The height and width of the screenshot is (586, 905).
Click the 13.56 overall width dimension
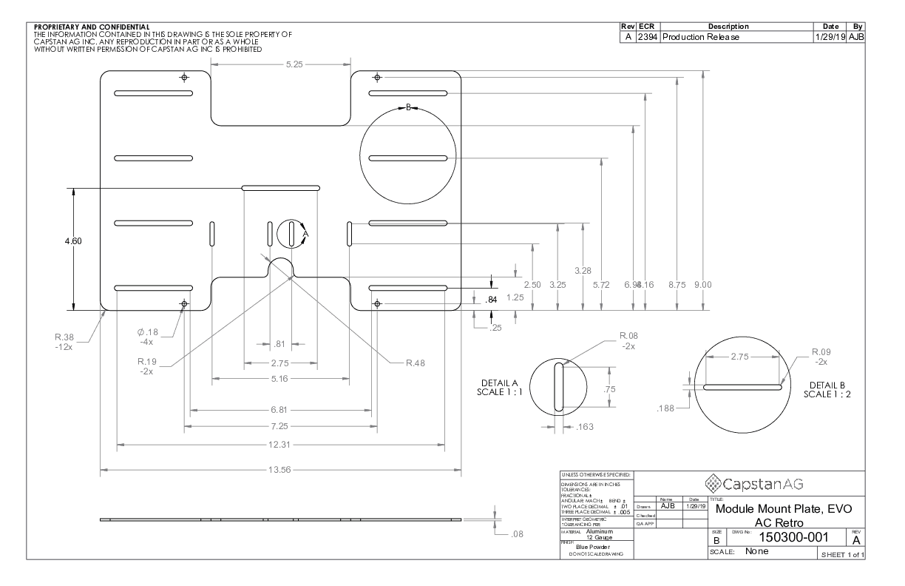tap(280, 470)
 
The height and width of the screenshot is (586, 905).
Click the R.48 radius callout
tap(414, 363)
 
